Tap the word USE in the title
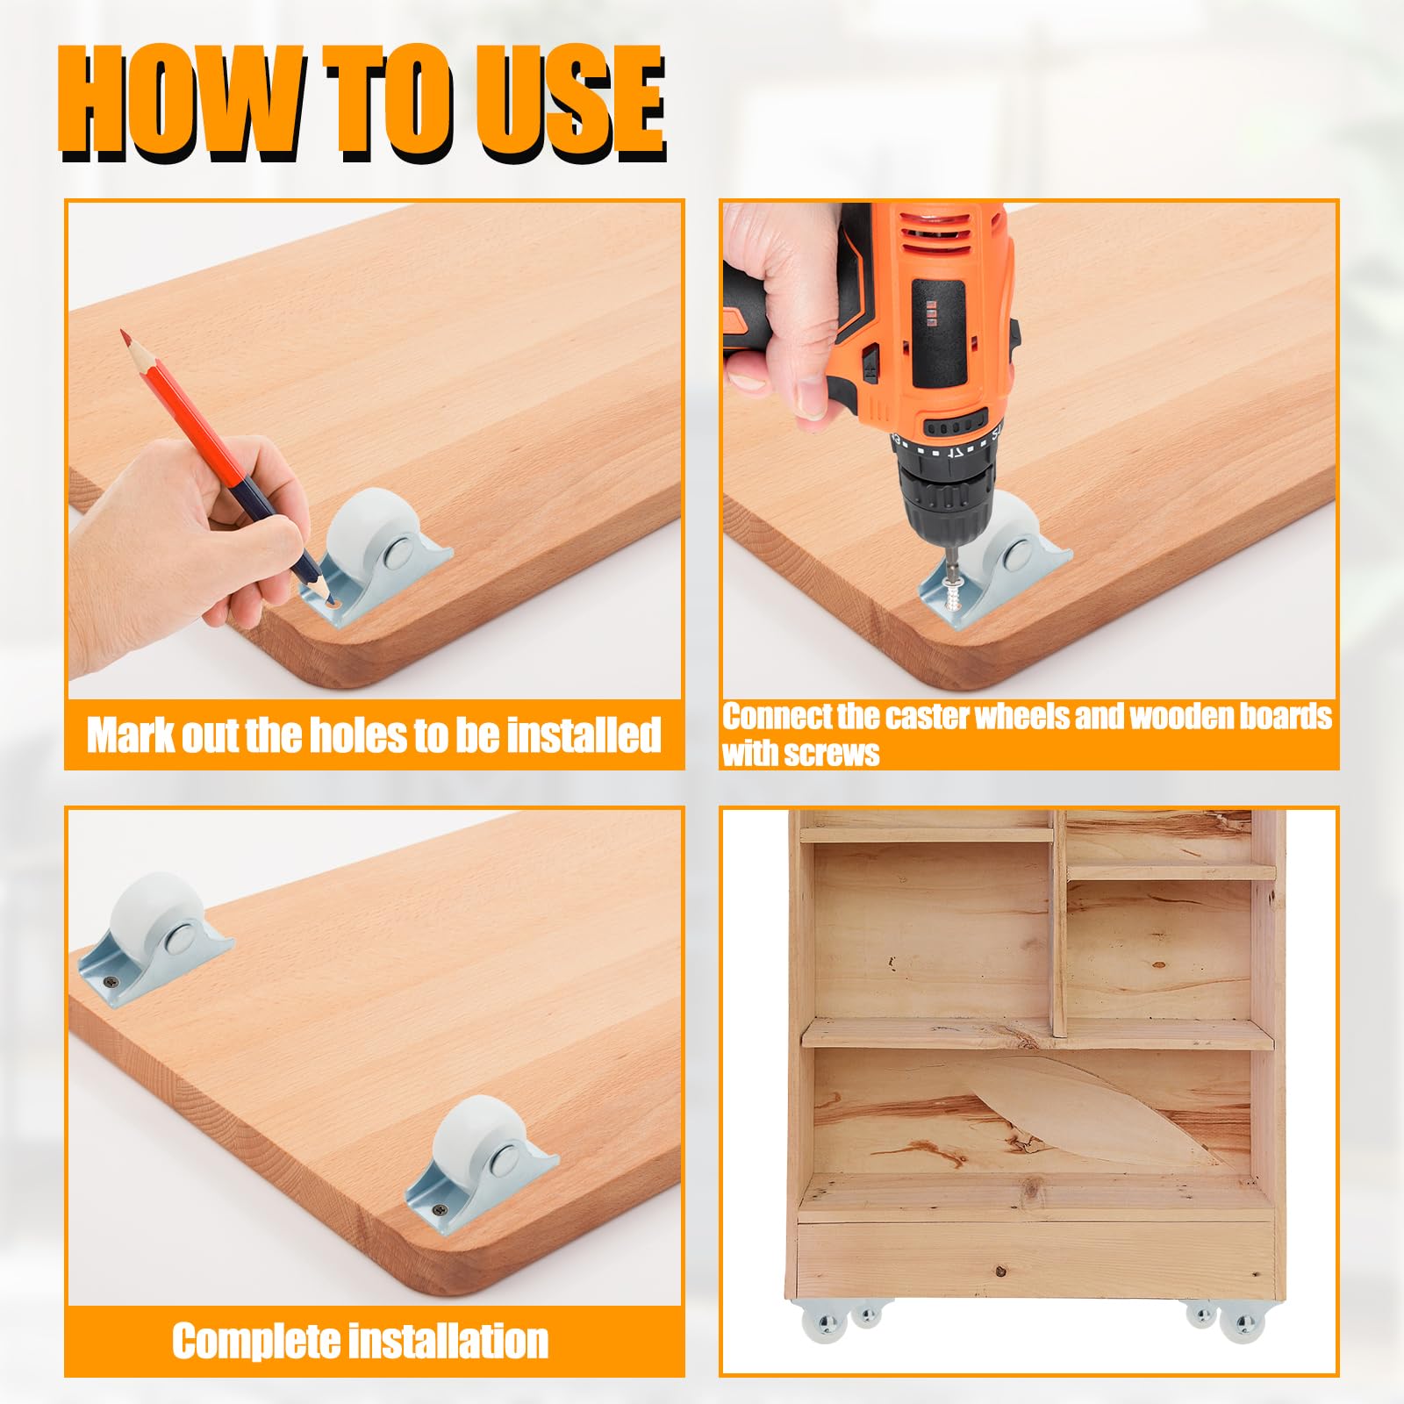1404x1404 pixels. [570, 104]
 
